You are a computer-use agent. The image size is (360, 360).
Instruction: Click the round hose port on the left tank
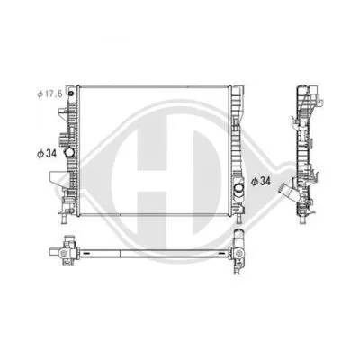click(67, 139)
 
